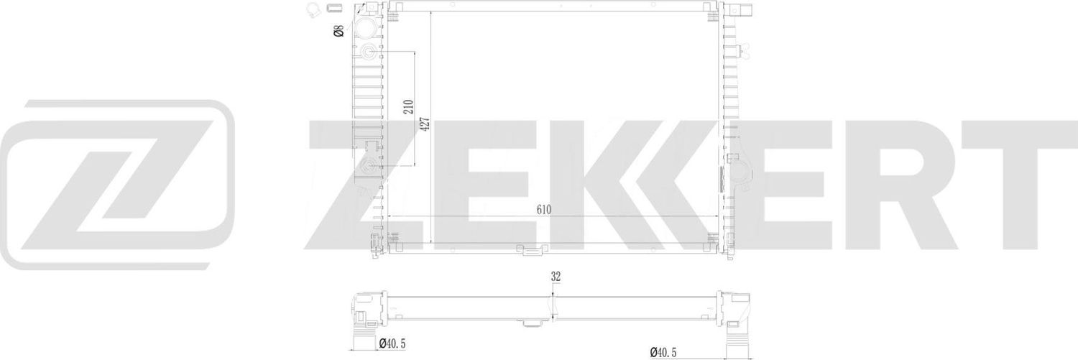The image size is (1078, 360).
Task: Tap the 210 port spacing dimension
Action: [x=407, y=108]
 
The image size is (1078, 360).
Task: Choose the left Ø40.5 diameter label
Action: [x=392, y=343]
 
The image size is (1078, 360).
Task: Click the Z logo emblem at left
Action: [x=116, y=185]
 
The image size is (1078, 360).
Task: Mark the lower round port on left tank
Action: [x=369, y=167]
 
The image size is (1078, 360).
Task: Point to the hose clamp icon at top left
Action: [x=314, y=9]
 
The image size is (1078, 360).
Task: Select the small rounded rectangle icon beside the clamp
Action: [x=334, y=9]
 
